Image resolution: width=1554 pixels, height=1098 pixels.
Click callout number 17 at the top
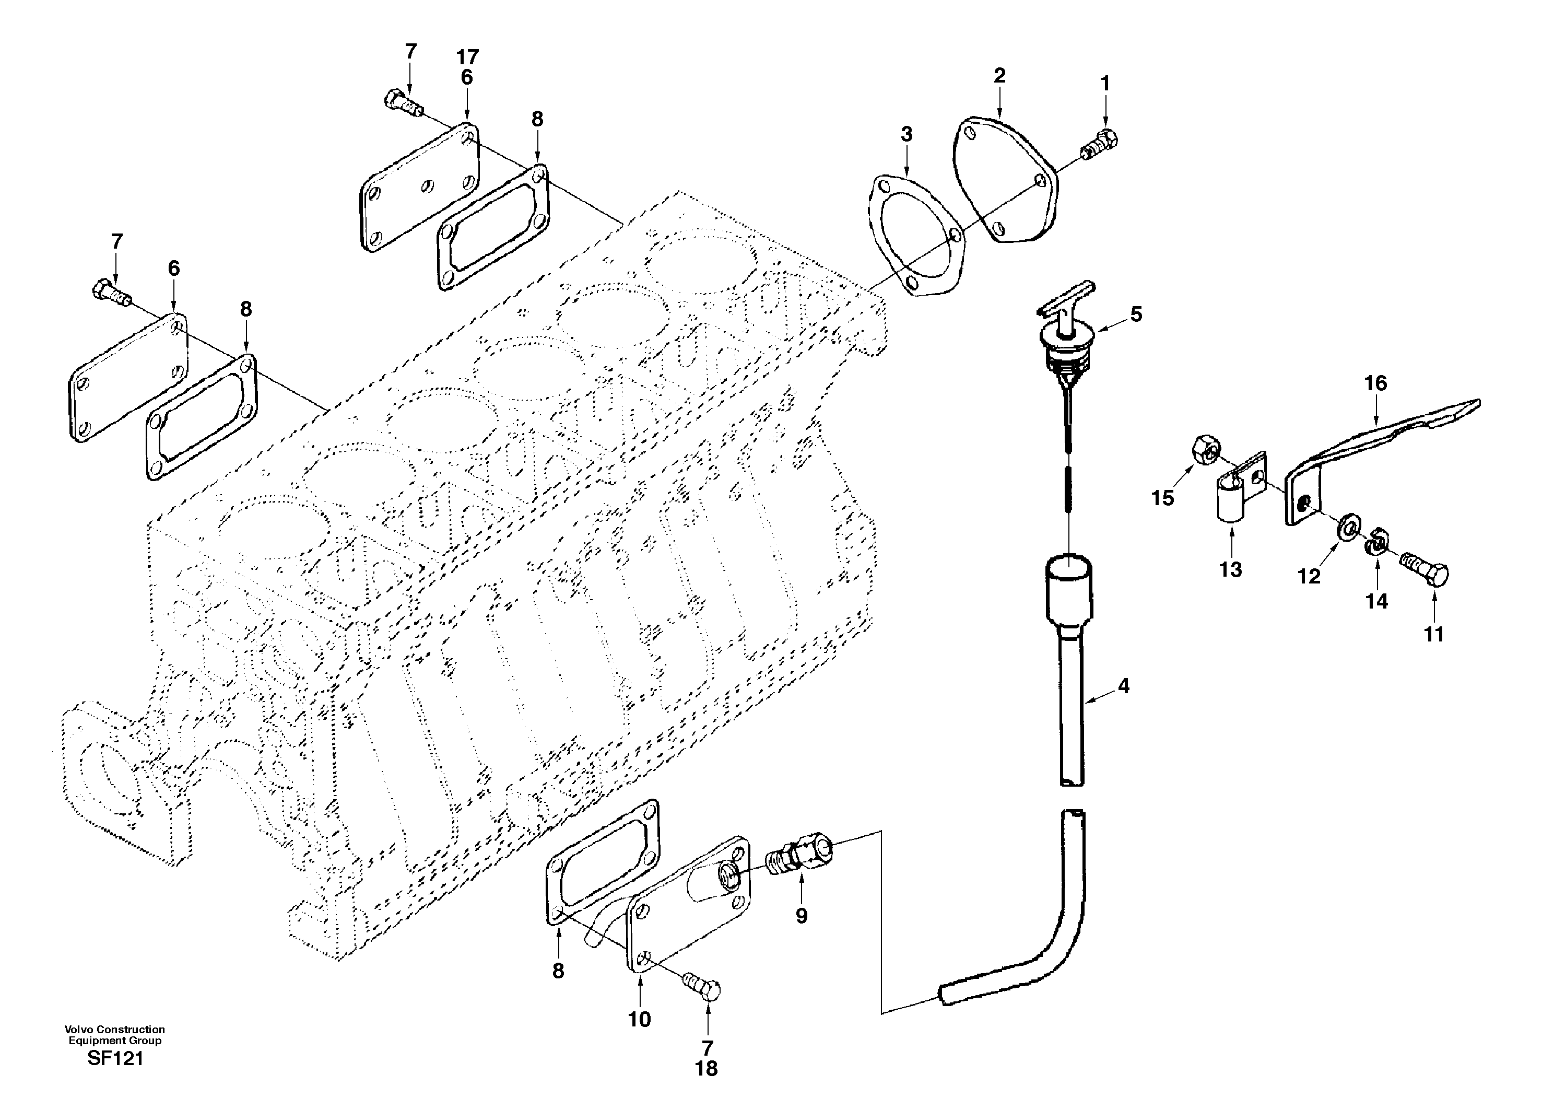click(467, 56)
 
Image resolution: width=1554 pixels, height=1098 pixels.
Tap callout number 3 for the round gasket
click(907, 134)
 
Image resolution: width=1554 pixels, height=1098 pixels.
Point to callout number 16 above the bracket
click(1375, 383)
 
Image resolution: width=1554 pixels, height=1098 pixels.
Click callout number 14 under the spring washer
click(1376, 600)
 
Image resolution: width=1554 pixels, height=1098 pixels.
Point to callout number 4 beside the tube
click(1124, 686)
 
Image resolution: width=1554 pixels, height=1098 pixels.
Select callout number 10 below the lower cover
click(639, 1019)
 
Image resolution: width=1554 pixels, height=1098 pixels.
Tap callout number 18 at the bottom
click(706, 1068)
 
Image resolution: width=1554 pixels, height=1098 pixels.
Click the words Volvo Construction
click(115, 1029)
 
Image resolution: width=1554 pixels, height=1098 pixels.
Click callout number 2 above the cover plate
click(999, 75)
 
